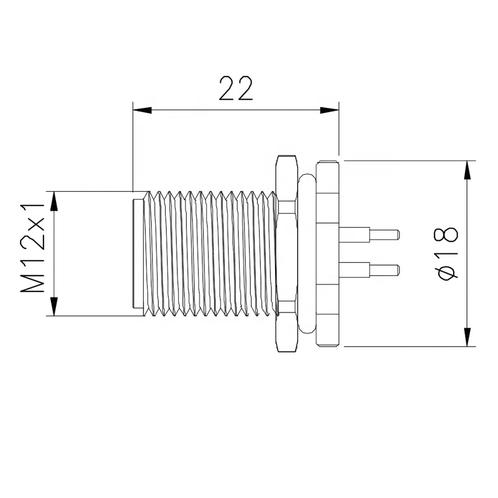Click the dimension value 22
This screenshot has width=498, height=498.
click(x=236, y=88)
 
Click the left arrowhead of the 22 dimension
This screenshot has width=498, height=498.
click(x=143, y=111)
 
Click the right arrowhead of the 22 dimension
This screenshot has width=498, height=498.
click(x=329, y=111)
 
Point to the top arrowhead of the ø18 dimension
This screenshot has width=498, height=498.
click(x=467, y=171)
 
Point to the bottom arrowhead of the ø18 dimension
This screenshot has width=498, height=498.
click(x=467, y=337)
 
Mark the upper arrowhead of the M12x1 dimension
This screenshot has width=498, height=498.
click(x=54, y=200)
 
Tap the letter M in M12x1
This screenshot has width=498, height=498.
click(x=34, y=283)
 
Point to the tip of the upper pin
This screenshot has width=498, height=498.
click(x=397, y=235)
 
